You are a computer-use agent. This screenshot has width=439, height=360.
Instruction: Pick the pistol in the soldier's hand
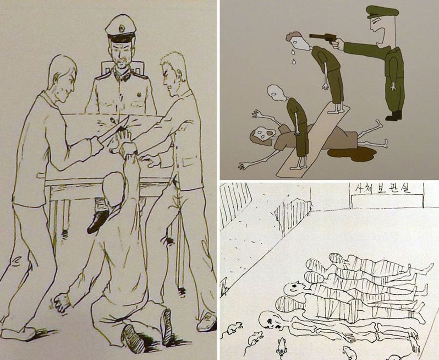[x=322, y=38]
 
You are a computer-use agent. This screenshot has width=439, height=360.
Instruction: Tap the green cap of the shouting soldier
[x=382, y=13]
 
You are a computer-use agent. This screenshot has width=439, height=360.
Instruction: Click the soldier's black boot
[x=393, y=116]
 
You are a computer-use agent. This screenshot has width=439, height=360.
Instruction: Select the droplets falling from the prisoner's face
[x=293, y=56]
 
